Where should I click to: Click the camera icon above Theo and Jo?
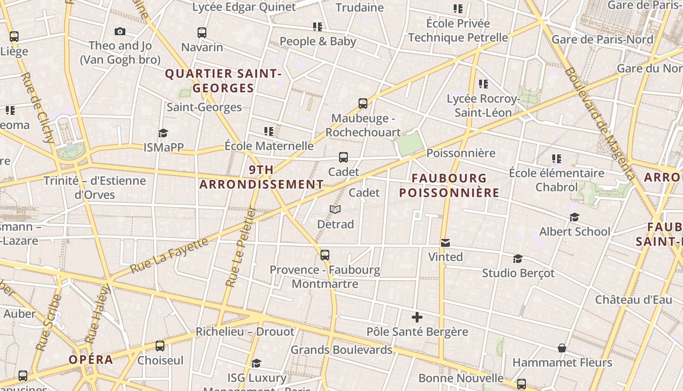[x=120, y=32]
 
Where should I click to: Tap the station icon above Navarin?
[x=202, y=33]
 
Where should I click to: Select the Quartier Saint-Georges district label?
[x=223, y=81]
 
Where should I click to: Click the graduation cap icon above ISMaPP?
[x=163, y=133]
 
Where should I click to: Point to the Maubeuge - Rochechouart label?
[x=363, y=125]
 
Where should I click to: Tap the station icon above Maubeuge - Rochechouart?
[x=363, y=103]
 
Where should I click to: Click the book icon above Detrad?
[x=335, y=209]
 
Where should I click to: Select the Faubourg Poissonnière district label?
[x=449, y=185]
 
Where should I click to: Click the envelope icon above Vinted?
[x=445, y=242]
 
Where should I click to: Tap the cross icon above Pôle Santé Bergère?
[x=417, y=317]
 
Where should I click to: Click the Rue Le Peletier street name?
[x=241, y=247]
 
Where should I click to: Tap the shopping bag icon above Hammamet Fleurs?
[x=562, y=348]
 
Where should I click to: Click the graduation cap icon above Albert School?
[x=575, y=217]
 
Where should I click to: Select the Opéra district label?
[x=91, y=360]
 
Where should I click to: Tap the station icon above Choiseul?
[x=160, y=346]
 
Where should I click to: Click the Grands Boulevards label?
[x=341, y=350]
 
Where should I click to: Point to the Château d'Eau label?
[x=633, y=300]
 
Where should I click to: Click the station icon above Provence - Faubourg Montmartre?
[x=325, y=255]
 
